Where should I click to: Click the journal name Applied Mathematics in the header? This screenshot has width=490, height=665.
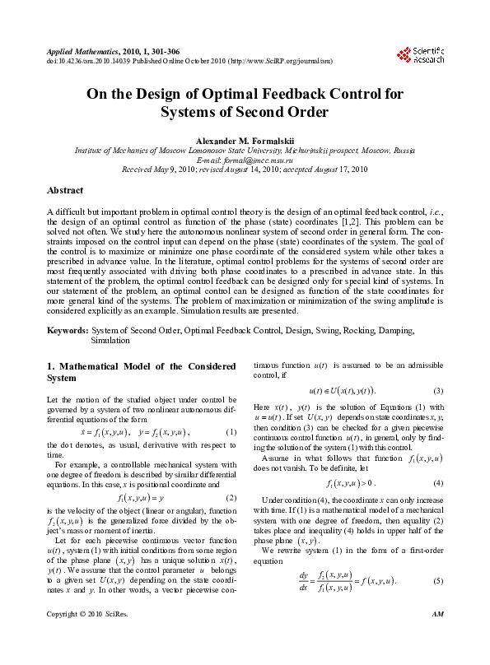(75, 51)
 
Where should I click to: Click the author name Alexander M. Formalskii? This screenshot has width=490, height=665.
(245, 139)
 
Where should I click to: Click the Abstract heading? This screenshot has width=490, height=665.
(65, 190)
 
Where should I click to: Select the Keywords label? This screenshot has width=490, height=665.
(67, 329)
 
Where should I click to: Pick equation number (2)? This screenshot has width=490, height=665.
(231, 497)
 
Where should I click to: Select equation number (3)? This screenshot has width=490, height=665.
(439, 390)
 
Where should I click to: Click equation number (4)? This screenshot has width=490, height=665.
(439, 481)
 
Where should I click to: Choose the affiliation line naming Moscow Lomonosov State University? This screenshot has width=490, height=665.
(245, 151)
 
